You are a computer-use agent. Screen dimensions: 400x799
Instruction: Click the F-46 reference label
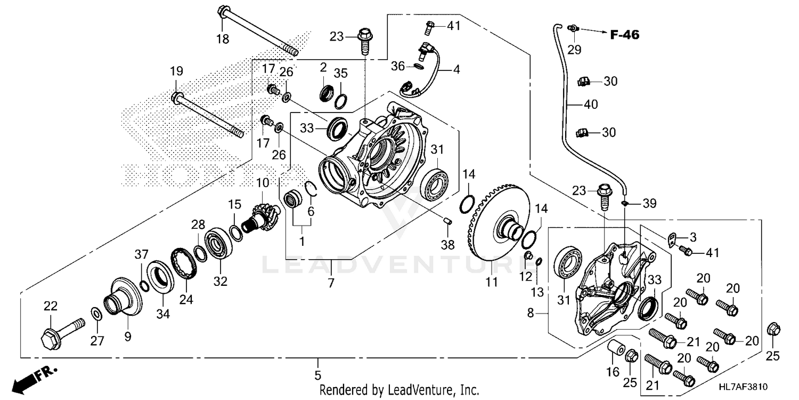coord(624,35)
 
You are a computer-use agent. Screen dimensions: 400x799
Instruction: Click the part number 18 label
coord(222,39)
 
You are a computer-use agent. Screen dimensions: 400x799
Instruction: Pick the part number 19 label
coord(176,71)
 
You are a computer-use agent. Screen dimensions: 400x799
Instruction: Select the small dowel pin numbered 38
coord(448,220)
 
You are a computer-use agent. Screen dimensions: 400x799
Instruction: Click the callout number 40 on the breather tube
coord(591,105)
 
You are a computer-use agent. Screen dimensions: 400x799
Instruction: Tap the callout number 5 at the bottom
coord(318,374)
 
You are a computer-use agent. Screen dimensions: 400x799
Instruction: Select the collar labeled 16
coord(615,349)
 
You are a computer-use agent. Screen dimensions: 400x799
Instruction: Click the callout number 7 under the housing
coord(331,283)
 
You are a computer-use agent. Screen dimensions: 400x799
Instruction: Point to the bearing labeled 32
coord(219,243)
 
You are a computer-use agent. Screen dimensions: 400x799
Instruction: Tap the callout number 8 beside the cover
coord(530,314)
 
